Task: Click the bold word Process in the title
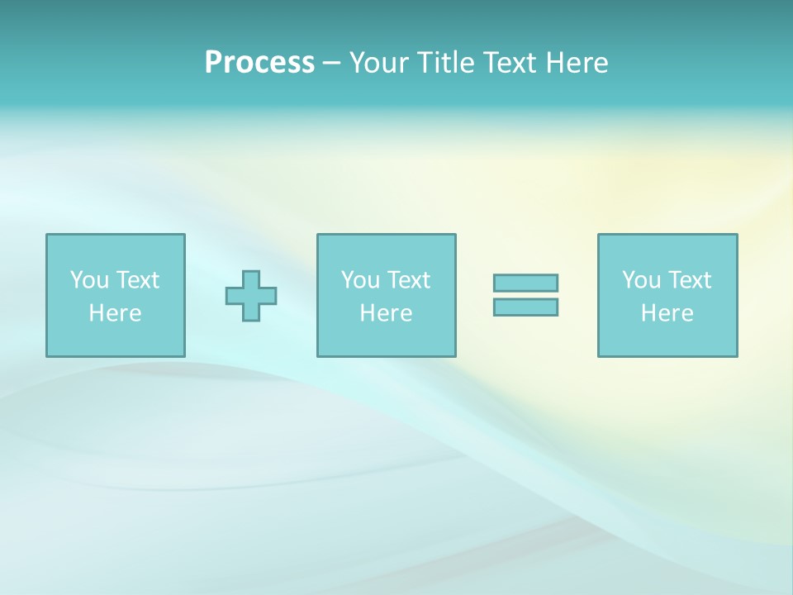[x=259, y=63]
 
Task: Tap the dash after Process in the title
[x=332, y=63]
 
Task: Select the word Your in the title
[x=381, y=63]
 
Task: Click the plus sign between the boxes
[x=251, y=296]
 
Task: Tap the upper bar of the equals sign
[x=525, y=283]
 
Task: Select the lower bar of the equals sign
[x=525, y=307]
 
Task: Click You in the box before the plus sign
[x=89, y=280]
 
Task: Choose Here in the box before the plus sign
[x=115, y=313]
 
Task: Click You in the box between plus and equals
[x=360, y=280]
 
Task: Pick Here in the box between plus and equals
[x=386, y=313]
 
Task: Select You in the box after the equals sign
[x=641, y=280]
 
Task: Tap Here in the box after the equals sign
[x=667, y=313]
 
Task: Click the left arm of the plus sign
[x=234, y=296]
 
